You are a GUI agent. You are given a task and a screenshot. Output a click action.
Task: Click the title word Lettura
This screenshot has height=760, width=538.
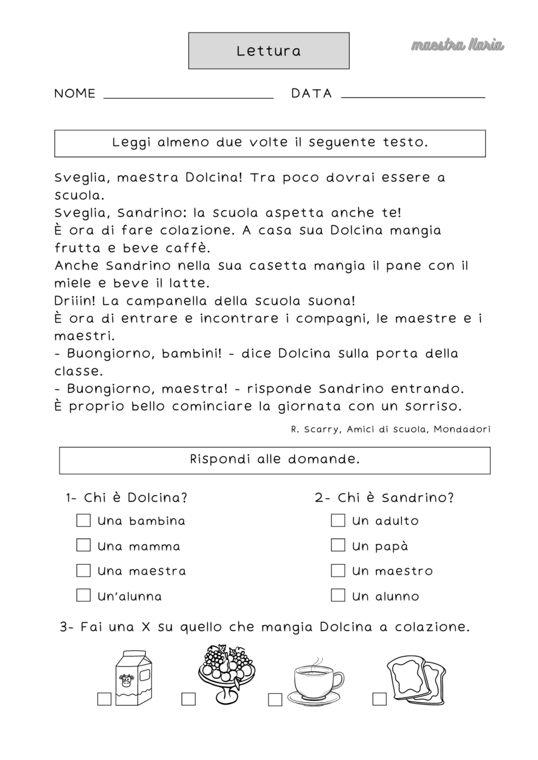[268, 51]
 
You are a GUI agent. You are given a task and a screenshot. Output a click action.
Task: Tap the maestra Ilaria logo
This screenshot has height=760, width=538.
[457, 45]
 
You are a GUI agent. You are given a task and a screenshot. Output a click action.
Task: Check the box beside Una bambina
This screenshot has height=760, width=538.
[84, 520]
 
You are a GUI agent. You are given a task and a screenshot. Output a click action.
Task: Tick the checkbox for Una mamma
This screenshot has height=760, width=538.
[84, 545]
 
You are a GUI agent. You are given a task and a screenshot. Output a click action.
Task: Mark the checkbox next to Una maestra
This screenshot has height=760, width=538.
[84, 570]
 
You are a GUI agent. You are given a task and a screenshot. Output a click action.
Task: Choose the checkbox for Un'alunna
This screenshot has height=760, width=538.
[84, 595]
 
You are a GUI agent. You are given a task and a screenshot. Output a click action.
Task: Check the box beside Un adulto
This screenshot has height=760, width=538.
[338, 520]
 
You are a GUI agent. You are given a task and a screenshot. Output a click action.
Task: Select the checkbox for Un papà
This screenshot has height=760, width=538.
[338, 545]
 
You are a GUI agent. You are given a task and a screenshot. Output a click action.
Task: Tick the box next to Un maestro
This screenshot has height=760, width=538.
[338, 570]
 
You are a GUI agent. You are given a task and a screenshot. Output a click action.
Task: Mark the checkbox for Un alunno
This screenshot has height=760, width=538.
[338, 595]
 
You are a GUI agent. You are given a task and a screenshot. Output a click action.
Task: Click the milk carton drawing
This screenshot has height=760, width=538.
[133, 678]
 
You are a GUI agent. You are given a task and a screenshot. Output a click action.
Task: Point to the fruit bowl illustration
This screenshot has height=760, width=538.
[226, 673]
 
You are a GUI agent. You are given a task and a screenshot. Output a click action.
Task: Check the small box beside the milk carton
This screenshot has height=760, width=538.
[104, 699]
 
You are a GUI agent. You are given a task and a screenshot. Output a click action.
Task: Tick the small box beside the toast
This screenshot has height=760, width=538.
[379, 699]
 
